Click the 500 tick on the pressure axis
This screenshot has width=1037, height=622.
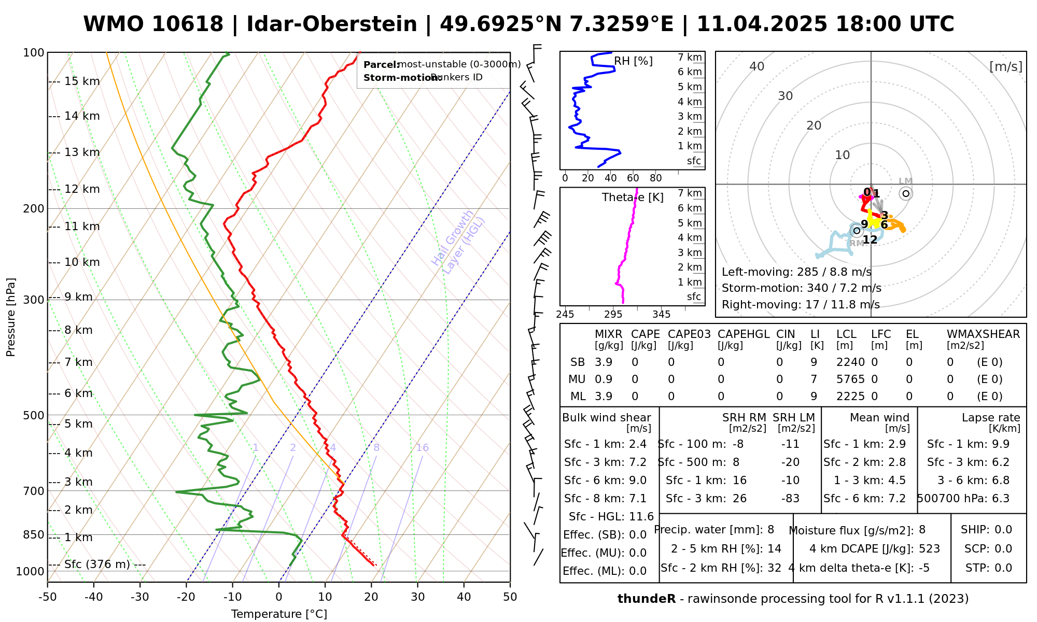tap(34, 415)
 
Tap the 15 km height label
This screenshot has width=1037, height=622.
tap(82, 81)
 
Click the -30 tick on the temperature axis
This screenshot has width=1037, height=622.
tap(140, 597)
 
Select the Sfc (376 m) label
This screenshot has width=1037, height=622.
tap(97, 564)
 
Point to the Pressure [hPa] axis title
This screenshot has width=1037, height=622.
tap(11, 317)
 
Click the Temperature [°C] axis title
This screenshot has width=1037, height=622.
tap(279, 614)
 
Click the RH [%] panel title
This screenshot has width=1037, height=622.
tap(633, 61)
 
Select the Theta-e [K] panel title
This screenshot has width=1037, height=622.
tap(633, 197)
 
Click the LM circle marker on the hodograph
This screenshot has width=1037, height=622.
tap(906, 193)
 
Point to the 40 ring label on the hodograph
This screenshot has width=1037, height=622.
tap(757, 66)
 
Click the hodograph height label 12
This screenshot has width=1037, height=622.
tap(870, 239)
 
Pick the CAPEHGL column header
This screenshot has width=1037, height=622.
tap(744, 334)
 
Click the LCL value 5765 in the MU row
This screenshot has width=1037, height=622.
tap(850, 379)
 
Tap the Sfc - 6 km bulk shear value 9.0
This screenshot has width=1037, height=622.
tap(637, 480)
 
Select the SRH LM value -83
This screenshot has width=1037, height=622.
tap(790, 499)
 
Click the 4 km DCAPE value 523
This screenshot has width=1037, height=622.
tap(929, 549)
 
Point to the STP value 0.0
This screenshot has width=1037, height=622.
tap(1003, 568)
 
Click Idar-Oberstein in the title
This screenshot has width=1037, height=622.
tap(332, 24)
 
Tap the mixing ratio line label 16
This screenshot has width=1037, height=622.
tap(422, 448)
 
